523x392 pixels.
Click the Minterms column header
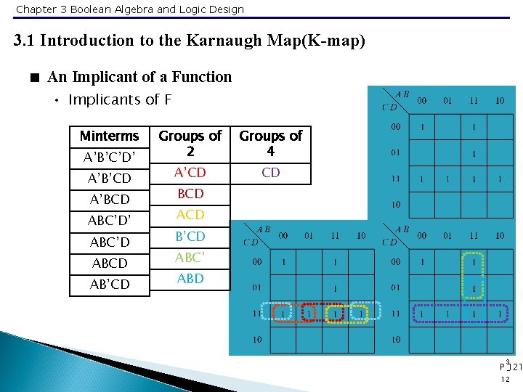click(109, 136)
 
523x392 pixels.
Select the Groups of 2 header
click(190, 143)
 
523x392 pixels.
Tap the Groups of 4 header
click(270, 143)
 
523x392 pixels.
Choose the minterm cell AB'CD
click(109, 285)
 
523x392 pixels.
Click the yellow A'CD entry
click(190, 173)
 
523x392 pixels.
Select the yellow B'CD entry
click(190, 237)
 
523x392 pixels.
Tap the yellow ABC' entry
click(190, 258)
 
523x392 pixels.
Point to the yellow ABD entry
click(190, 279)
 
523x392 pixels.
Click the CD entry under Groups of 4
click(271, 173)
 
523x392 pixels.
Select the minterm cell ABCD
click(109, 264)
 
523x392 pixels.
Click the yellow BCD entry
click(190, 194)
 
